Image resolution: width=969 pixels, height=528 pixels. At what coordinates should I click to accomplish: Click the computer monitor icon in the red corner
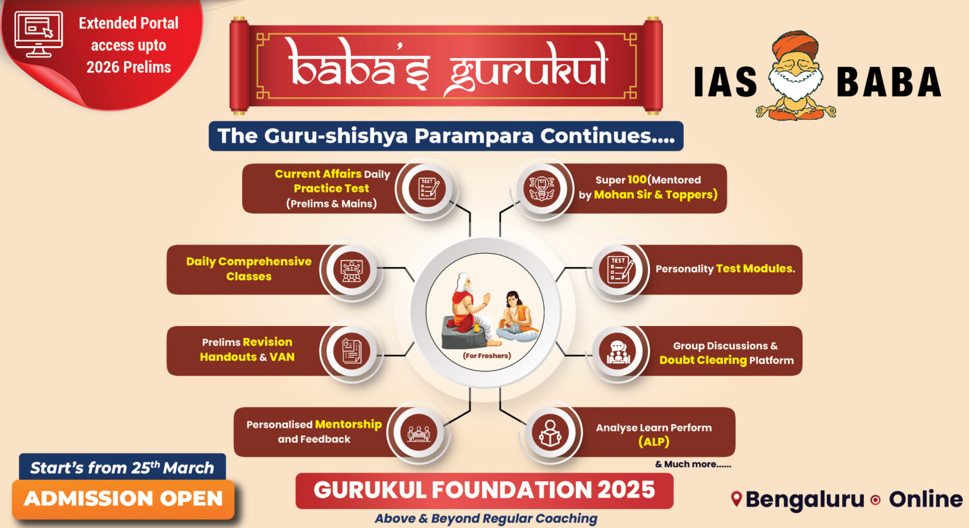(38, 34)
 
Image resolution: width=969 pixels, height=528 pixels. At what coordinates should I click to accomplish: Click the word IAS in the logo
(725, 83)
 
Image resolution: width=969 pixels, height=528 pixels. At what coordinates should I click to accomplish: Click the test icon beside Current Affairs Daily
(428, 188)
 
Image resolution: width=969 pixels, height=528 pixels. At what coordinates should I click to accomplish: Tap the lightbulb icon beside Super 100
(542, 188)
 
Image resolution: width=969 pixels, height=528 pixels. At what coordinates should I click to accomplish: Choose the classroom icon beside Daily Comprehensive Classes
(351, 270)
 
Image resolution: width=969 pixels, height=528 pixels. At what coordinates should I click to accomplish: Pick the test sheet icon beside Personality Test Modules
(618, 269)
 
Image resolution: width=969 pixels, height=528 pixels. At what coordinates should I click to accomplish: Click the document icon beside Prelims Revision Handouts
(351, 351)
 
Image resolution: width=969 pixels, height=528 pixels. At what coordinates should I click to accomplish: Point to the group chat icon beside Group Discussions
(618, 351)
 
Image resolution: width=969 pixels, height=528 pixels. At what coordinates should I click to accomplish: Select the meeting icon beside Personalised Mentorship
(418, 433)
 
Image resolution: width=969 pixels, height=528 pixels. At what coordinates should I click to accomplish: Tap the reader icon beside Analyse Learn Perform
(550, 433)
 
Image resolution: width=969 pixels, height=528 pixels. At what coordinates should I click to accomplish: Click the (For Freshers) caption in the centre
(486, 356)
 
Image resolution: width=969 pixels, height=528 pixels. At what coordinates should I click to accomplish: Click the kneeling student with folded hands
(514, 315)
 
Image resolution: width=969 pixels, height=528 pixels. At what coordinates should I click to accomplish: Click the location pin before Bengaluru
(736, 499)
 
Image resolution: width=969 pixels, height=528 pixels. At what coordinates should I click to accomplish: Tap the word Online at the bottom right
(925, 499)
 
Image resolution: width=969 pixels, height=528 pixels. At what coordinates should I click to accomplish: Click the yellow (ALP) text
(654, 442)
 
